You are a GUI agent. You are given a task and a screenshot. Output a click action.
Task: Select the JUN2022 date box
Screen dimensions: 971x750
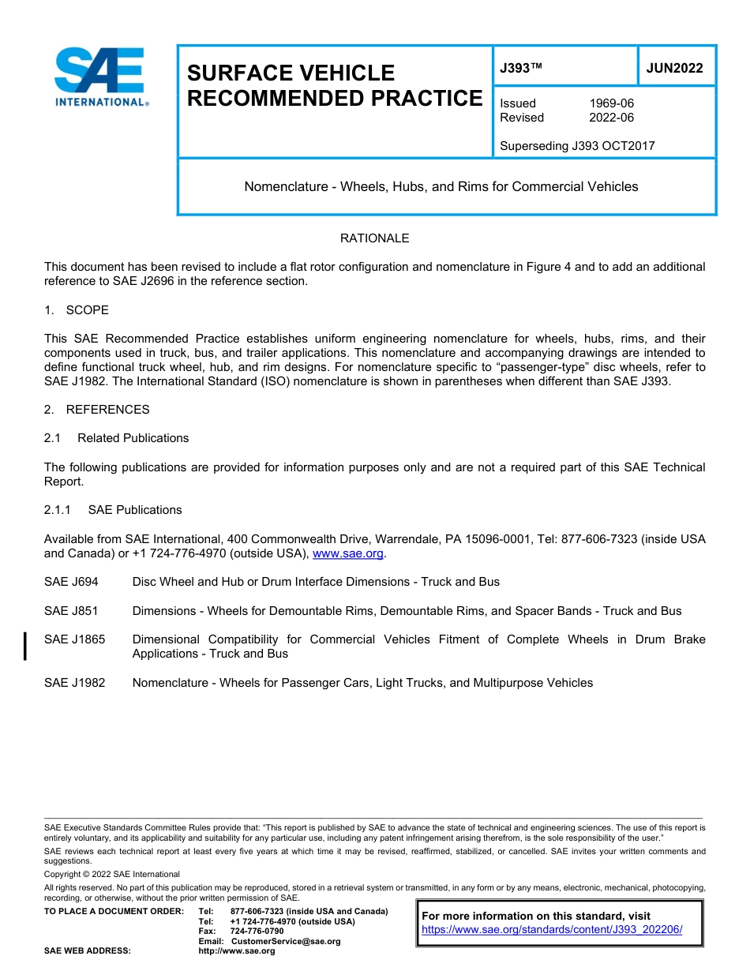(675, 69)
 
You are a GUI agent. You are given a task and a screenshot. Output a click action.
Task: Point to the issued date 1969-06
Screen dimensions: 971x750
(611, 103)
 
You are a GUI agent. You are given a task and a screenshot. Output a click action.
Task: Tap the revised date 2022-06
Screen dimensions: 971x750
(611, 118)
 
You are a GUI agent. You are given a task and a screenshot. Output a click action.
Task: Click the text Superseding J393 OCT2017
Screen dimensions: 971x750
(577, 145)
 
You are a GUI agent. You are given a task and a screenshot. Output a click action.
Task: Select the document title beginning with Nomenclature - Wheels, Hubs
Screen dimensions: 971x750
(441, 187)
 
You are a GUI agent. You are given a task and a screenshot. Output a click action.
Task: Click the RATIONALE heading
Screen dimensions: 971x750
(374, 238)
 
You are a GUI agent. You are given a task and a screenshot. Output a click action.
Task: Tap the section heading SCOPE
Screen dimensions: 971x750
(87, 309)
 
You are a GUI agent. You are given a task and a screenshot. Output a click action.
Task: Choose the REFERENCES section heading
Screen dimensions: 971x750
(107, 410)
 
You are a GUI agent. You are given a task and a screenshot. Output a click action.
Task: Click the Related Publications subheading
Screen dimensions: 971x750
(133, 438)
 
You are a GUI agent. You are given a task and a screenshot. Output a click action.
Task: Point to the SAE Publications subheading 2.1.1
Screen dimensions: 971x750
(134, 510)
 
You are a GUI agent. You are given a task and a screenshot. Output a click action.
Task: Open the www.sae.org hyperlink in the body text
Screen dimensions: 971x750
(348, 554)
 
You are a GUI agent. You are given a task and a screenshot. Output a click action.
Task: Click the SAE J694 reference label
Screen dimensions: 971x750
(71, 582)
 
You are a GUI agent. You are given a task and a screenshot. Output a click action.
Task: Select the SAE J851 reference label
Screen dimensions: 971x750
(71, 611)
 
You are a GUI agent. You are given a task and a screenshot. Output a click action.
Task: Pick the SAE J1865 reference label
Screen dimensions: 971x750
(74, 639)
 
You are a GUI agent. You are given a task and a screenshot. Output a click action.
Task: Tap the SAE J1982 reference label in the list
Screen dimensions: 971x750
(74, 683)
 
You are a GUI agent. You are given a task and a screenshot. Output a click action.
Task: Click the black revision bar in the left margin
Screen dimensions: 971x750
(25, 646)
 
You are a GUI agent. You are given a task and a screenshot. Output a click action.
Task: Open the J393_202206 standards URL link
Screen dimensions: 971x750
(552, 930)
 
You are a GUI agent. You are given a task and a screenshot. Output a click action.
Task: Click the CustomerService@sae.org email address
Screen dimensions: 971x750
(285, 941)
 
